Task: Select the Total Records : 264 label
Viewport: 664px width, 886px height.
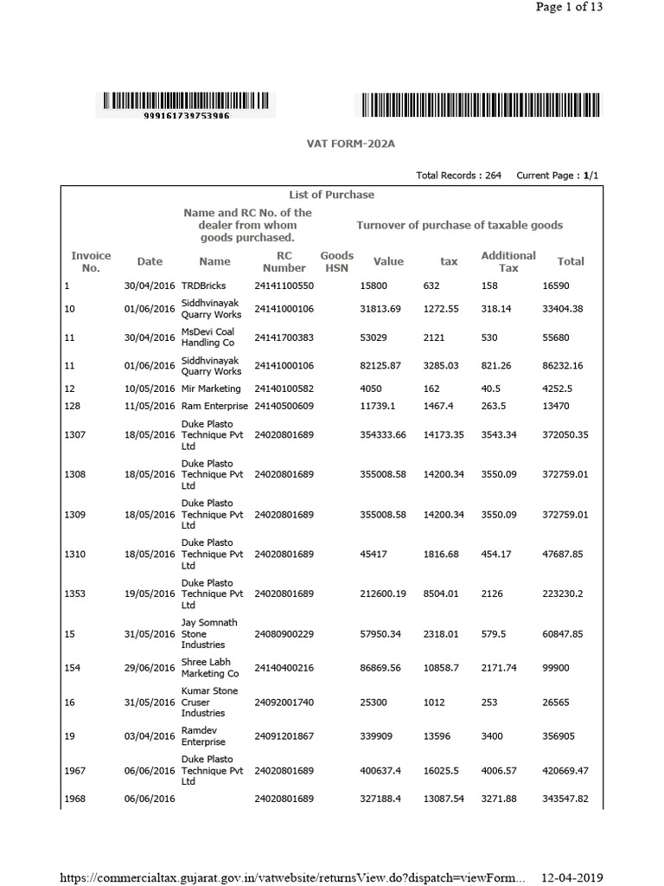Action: pos(458,175)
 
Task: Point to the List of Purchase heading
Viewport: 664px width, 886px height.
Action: pos(331,195)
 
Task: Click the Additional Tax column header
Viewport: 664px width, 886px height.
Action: pos(508,261)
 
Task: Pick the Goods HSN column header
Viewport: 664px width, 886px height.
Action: pos(337,261)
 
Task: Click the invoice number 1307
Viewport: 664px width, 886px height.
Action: pos(76,434)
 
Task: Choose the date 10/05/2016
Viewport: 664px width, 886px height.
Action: pos(150,388)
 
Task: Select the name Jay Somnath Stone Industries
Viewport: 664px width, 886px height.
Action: pos(208,633)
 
